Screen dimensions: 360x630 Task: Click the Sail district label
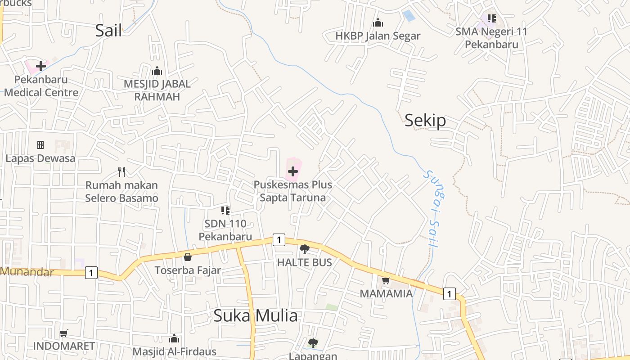pyautogui.click(x=108, y=31)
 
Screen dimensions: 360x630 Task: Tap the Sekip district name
pyautogui.click(x=425, y=120)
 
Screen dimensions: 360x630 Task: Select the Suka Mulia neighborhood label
pyautogui.click(x=255, y=315)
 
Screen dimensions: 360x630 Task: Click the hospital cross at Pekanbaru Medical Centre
pyautogui.click(x=41, y=66)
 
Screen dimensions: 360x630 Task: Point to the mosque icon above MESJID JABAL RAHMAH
pyautogui.click(x=157, y=71)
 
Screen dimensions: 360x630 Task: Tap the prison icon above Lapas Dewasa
pyautogui.click(x=40, y=145)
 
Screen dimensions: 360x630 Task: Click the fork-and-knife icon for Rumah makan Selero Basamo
pyautogui.click(x=121, y=171)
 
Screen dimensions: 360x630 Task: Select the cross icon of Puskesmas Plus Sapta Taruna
pyautogui.click(x=293, y=171)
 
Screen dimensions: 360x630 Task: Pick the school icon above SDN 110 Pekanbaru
pyautogui.click(x=225, y=210)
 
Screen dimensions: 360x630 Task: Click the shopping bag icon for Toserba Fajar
pyautogui.click(x=188, y=257)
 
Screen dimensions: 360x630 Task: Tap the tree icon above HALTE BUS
pyautogui.click(x=305, y=249)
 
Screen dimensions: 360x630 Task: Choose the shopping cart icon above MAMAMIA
pyautogui.click(x=386, y=281)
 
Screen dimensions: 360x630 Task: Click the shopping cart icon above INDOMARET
pyautogui.click(x=64, y=333)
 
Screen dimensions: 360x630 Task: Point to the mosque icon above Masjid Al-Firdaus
pyautogui.click(x=174, y=338)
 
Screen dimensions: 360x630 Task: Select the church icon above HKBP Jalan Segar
pyautogui.click(x=378, y=22)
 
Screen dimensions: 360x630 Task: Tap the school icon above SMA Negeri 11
pyautogui.click(x=491, y=18)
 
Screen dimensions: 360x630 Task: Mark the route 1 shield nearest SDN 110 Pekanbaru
pyautogui.click(x=279, y=240)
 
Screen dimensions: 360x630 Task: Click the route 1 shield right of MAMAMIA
pyautogui.click(x=449, y=294)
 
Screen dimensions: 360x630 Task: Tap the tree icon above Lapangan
pyautogui.click(x=313, y=343)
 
